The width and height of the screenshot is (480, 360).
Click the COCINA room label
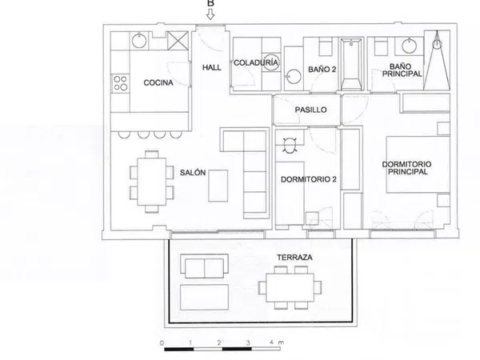pyautogui.click(x=158, y=82)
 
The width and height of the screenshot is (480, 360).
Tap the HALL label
pyautogui.click(x=211, y=67)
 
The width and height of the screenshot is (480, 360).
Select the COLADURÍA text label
pyautogui.click(x=256, y=62)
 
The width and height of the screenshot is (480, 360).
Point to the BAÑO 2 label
pyautogui.click(x=322, y=70)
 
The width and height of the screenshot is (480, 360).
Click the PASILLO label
pyautogui.click(x=310, y=110)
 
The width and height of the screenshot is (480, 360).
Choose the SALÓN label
pyautogui.click(x=193, y=173)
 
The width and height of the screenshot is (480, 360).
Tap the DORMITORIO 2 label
pyautogui.click(x=309, y=179)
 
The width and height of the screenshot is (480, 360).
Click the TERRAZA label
pyautogui.click(x=294, y=258)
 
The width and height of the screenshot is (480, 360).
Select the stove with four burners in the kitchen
pyautogui.click(x=120, y=83)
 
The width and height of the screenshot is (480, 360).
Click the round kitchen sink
pyautogui.click(x=139, y=41)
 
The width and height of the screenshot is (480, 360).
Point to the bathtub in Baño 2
pyautogui.click(x=351, y=64)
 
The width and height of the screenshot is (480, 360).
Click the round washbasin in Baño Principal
pyautogui.click(x=410, y=46)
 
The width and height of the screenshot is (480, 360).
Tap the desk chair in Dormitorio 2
pyautogui.click(x=290, y=146)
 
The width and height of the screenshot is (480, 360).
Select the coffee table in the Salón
pyautogui.click(x=218, y=186)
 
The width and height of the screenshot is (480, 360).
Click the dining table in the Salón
pyautogui.click(x=152, y=182)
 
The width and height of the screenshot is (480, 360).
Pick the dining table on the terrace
pyautogui.click(x=290, y=288)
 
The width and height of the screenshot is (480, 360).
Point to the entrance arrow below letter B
pyautogui.click(x=210, y=14)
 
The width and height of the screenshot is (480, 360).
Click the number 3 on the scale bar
pyautogui.click(x=248, y=342)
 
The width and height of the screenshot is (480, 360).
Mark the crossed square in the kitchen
pyautogui.click(x=178, y=41)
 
